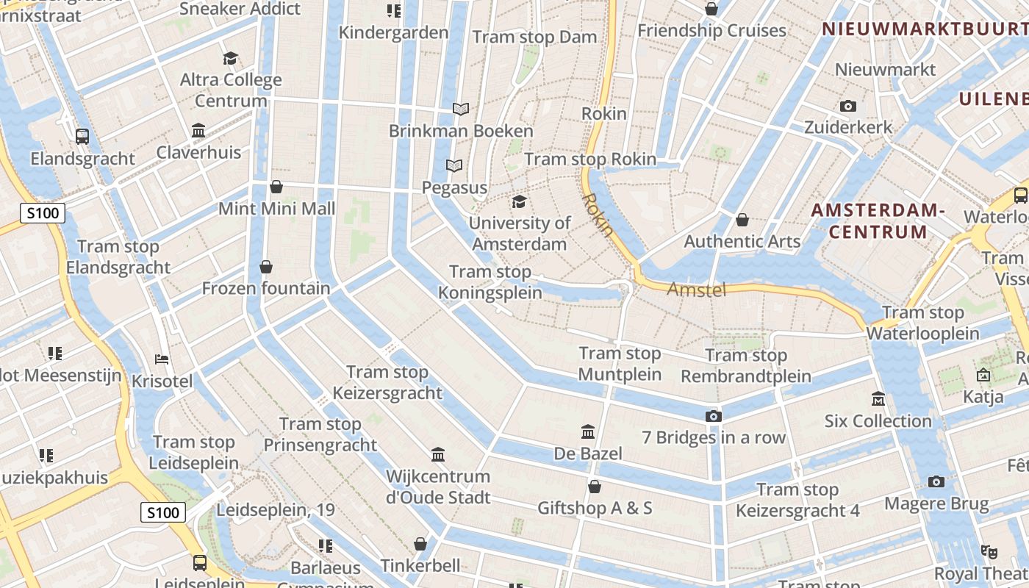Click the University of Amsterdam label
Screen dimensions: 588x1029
(520, 233)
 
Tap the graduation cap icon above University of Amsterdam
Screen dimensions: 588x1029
(520, 201)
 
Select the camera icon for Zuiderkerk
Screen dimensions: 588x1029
(848, 107)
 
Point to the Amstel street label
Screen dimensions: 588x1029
(696, 290)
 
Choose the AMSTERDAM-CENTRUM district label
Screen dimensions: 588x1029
(878, 221)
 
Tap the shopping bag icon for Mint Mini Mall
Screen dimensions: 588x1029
(276, 187)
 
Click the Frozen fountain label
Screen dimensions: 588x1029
(266, 288)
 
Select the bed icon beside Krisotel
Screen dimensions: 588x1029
(162, 359)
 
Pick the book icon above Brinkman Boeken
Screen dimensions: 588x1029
(461, 110)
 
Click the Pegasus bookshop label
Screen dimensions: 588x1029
(454, 187)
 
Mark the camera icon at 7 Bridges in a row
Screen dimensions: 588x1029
(713, 417)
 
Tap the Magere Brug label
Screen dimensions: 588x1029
(936, 503)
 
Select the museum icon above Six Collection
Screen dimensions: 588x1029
(878, 399)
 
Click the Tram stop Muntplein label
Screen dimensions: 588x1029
(620, 364)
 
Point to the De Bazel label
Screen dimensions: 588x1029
(588, 453)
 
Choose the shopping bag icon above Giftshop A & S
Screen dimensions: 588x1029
(595, 487)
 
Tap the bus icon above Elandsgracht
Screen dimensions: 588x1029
(82, 136)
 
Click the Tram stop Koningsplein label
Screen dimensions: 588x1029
(490, 282)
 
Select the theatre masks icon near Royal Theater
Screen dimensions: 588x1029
(989, 551)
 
